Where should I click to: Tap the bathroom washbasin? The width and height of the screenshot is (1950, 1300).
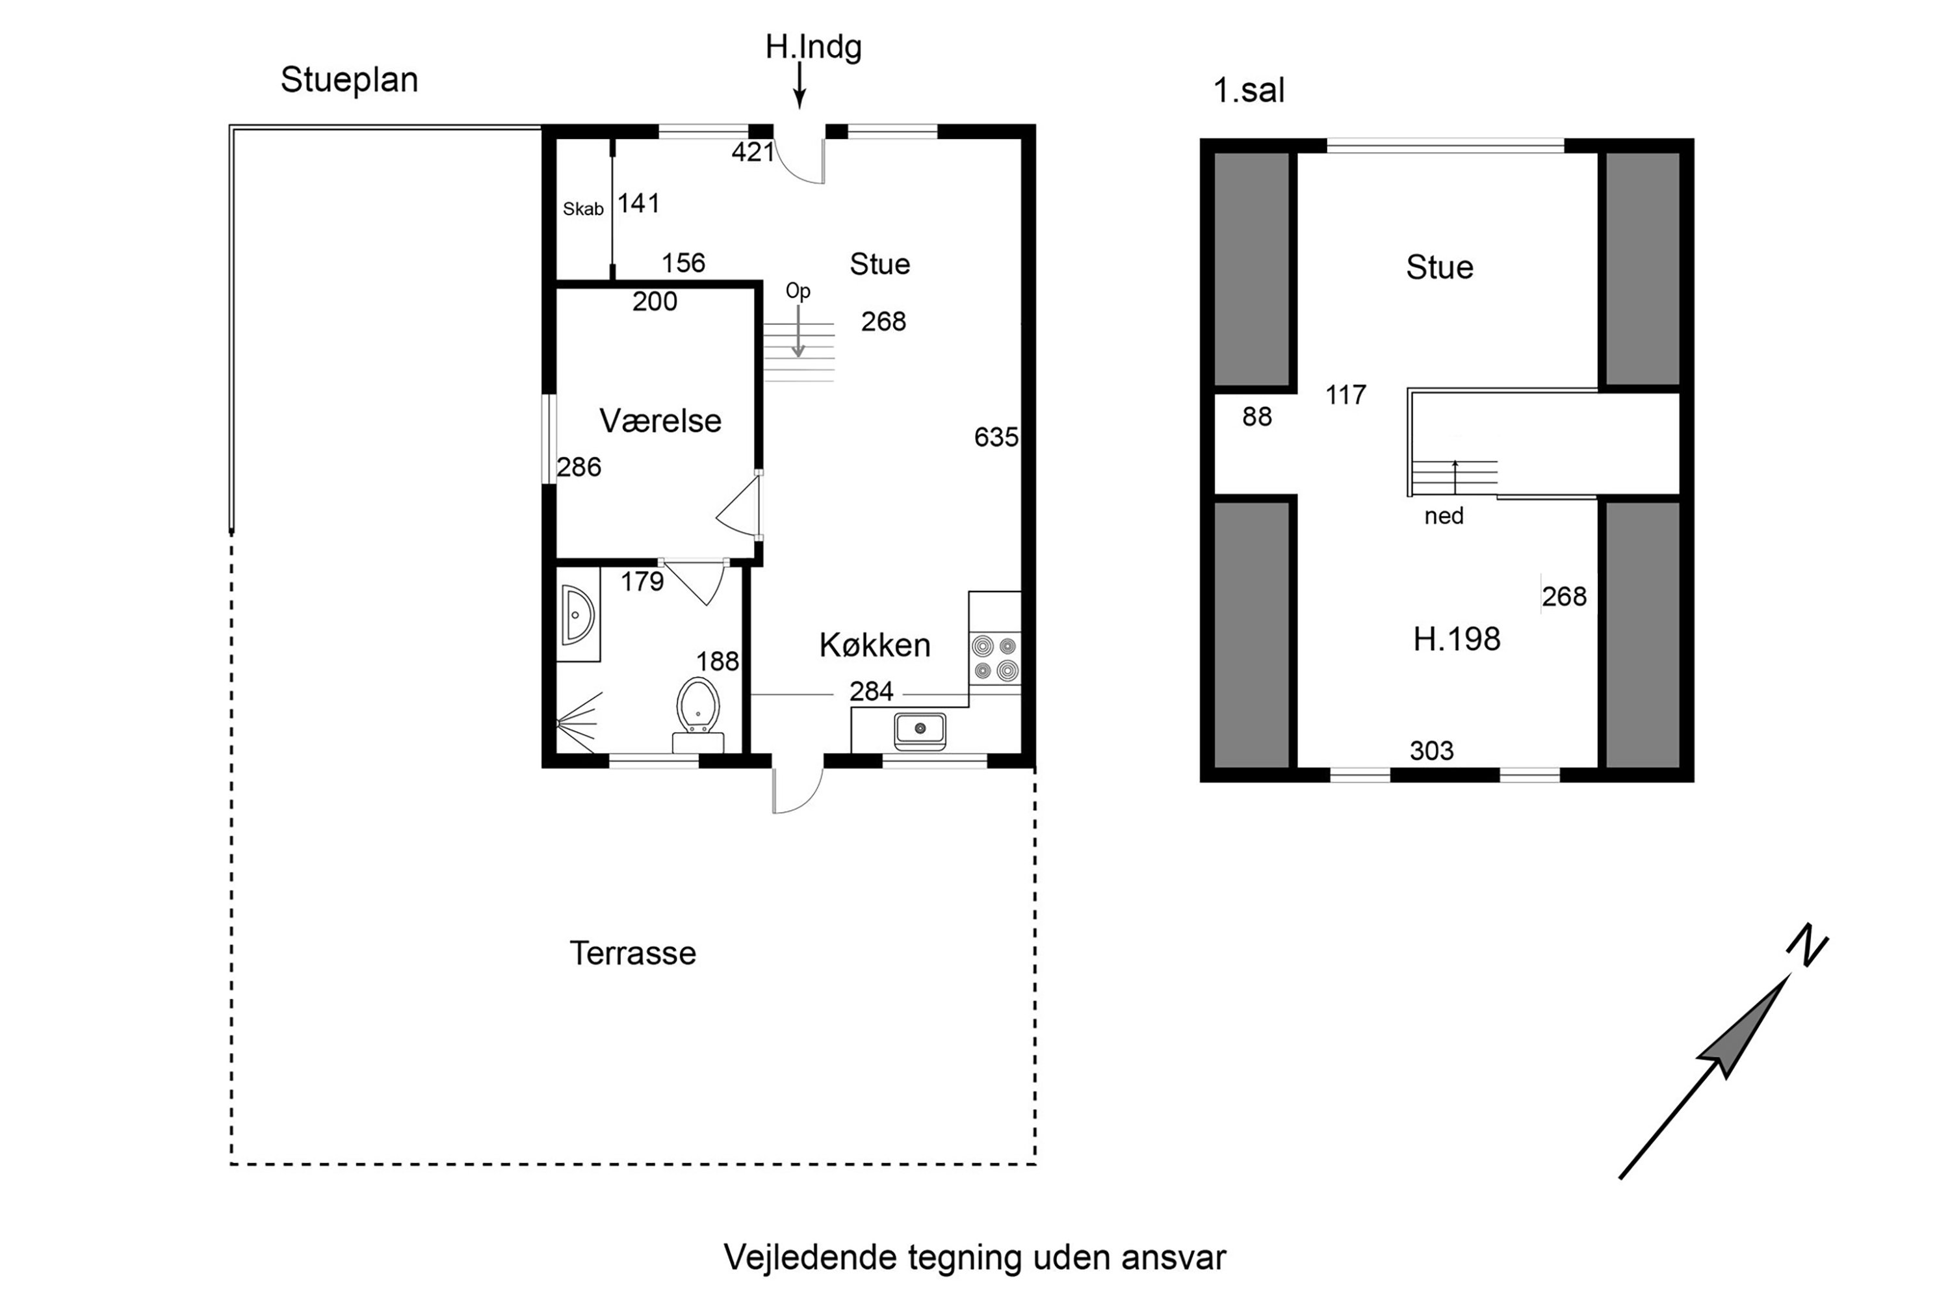pos(578,614)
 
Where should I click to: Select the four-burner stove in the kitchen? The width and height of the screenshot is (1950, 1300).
pos(995,658)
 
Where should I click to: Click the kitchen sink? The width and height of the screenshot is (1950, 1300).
pos(920,729)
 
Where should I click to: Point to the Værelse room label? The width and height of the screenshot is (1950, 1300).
pos(660,421)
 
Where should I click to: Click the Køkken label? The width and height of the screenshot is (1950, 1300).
pos(875,645)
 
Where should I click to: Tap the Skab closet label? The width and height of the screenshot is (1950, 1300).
pos(583,209)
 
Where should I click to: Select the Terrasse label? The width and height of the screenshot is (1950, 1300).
pos(632,954)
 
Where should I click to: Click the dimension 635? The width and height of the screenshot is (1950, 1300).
pos(996,437)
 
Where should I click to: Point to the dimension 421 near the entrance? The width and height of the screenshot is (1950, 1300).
pos(753,151)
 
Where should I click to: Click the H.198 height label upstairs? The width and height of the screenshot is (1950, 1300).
pos(1457,639)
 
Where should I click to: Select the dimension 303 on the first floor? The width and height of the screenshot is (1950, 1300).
pos(1432,750)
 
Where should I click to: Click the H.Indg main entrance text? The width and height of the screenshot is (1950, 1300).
pos(813,47)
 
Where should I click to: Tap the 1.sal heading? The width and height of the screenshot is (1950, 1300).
pos(1249,90)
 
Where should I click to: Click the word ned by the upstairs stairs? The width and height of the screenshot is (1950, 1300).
pos(1444,515)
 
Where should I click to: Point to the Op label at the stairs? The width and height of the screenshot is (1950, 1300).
pos(798,290)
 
